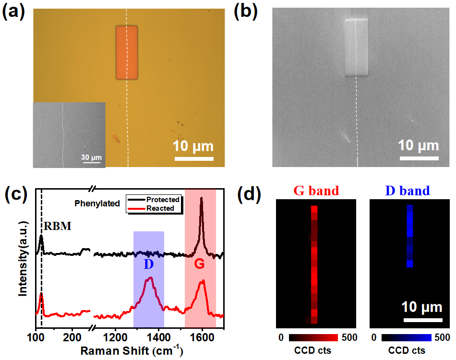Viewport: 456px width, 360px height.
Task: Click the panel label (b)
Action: (245, 13)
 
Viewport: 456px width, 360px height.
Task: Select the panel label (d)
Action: (249, 194)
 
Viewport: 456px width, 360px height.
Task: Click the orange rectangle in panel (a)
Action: (127, 52)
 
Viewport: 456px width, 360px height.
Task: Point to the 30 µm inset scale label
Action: (91, 157)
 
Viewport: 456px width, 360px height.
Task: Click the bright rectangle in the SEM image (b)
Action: (356, 47)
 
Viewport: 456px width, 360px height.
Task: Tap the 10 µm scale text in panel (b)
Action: (419, 145)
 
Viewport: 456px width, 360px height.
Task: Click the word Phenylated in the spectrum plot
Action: (97, 204)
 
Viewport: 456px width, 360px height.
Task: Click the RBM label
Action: (58, 226)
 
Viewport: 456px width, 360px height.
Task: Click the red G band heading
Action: (316, 191)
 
